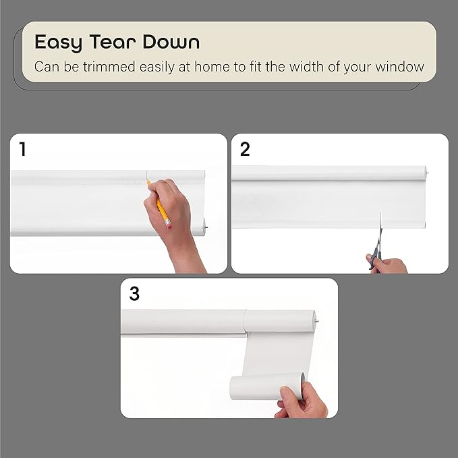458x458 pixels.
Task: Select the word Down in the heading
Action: tap(171, 42)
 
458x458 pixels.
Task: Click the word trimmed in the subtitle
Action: tap(109, 67)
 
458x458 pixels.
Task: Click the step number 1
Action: tap(22, 148)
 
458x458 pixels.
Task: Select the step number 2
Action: tap(245, 149)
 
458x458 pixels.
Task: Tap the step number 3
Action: tap(134, 293)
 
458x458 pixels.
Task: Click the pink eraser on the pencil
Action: tap(169, 225)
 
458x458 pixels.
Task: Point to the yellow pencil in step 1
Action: tap(159, 204)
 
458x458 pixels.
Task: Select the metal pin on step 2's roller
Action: tap(428, 173)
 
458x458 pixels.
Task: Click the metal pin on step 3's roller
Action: tap(317, 321)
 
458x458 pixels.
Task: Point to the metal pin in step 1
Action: tap(206, 228)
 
